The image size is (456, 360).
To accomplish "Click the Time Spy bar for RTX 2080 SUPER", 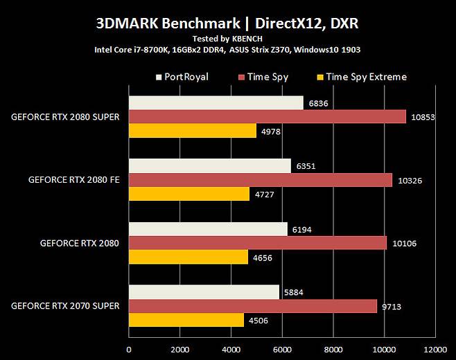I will click(267, 116).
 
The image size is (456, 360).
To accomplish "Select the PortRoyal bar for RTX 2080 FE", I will click(210, 166).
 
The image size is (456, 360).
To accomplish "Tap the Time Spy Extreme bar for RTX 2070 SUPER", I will click(186, 320).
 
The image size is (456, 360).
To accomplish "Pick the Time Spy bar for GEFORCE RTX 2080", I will click(258, 243).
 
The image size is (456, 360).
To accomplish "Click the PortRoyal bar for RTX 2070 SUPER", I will click(204, 292).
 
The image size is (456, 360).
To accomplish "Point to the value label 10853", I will click(422, 117).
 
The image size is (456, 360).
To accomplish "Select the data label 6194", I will click(302, 228).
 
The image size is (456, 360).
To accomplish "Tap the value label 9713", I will click(393, 306).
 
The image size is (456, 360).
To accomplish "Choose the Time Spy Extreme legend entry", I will click(366, 77).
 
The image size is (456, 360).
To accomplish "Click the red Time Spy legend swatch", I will click(241, 77).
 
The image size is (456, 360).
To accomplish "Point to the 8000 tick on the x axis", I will click(333, 350).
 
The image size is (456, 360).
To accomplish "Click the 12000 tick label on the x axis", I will click(435, 350).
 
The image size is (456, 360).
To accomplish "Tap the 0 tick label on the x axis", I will click(129, 350).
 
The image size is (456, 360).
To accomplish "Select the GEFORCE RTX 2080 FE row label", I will click(73, 180).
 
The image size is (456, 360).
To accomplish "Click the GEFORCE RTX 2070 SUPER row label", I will click(65, 306).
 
